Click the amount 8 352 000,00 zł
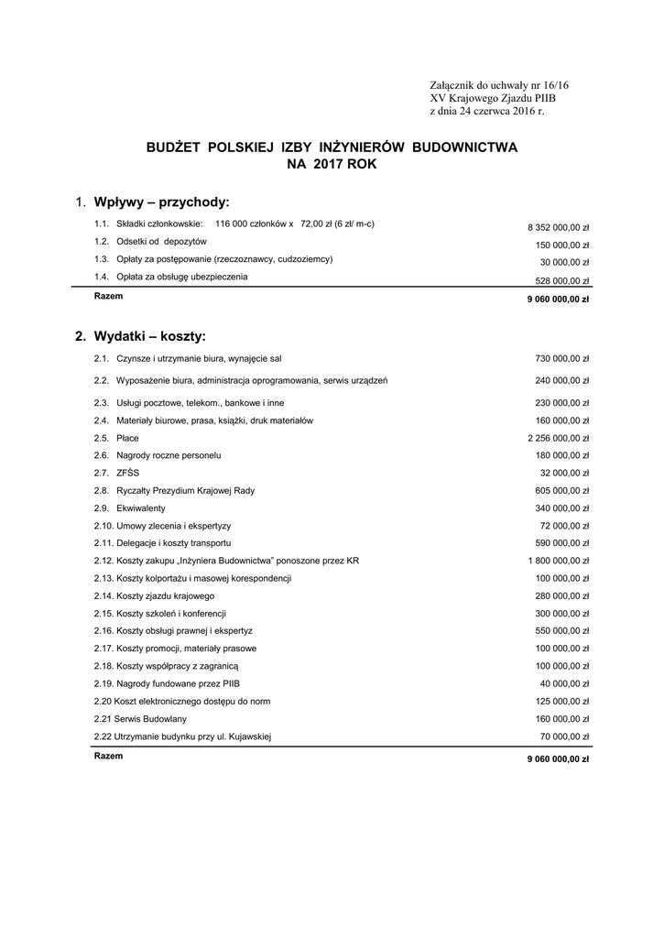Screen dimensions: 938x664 558,226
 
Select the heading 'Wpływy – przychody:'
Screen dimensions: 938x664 160,202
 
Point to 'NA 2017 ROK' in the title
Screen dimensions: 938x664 332,164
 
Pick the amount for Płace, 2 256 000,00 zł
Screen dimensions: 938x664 558,439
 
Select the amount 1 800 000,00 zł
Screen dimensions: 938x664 558,561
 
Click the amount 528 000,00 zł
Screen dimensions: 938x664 562,281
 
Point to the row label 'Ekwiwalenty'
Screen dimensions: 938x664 141,508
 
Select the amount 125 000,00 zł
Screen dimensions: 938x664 562,702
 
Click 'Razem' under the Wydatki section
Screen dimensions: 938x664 108,756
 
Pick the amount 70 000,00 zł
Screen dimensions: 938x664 565,736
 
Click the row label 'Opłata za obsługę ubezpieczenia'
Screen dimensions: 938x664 181,277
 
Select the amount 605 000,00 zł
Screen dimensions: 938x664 562,491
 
